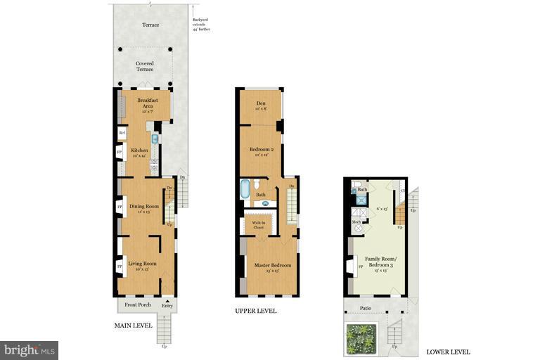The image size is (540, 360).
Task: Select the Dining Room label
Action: click(143, 207)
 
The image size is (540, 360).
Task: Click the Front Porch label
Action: click(139, 304)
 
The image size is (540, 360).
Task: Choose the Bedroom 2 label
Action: click(262, 150)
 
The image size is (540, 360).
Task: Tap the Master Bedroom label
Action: click(267, 265)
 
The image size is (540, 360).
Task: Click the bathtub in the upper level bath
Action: click(245, 189)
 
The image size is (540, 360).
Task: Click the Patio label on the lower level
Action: click(365, 308)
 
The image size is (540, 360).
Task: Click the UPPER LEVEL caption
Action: click(256, 310)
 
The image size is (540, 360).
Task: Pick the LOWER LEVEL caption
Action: click(448, 352)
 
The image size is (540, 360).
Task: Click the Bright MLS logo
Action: click(29, 349)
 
